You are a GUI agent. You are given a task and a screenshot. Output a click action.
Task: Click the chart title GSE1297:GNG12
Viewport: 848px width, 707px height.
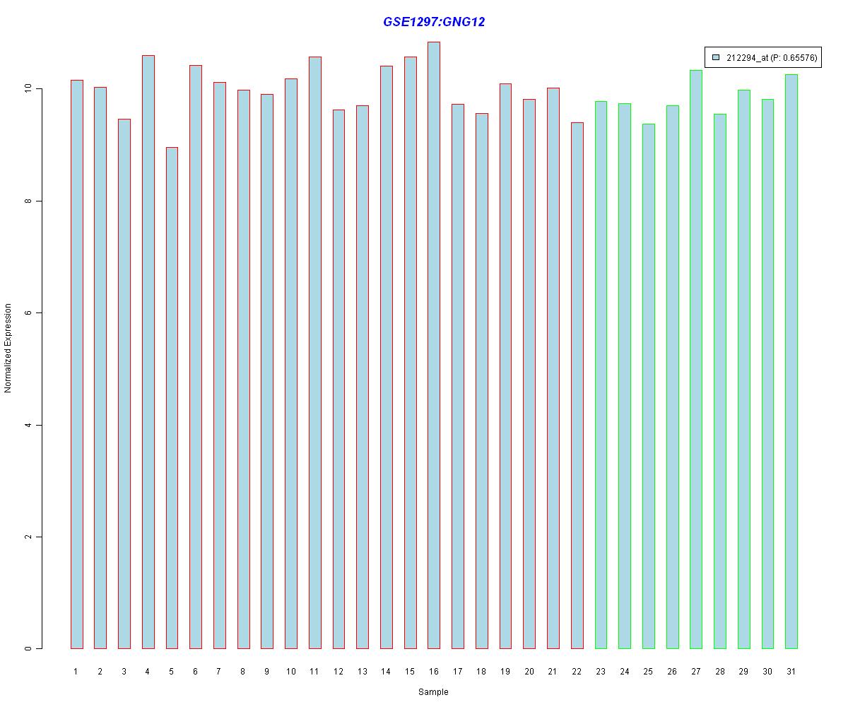click(434, 22)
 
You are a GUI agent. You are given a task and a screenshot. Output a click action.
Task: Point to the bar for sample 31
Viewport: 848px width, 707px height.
click(791, 361)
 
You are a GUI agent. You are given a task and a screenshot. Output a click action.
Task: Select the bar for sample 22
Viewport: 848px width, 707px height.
click(577, 385)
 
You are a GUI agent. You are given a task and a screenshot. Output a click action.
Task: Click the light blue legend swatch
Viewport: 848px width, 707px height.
click(716, 57)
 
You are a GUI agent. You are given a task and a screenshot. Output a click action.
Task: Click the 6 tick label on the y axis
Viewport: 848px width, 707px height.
click(29, 313)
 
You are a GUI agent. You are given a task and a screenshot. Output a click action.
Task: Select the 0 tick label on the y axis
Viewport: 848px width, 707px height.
click(29, 648)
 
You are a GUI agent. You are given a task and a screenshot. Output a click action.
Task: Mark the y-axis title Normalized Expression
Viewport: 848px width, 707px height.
click(8, 348)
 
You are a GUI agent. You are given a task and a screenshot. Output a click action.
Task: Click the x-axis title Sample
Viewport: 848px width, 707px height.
click(433, 692)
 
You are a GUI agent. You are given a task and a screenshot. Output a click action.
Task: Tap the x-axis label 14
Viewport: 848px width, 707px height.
click(386, 672)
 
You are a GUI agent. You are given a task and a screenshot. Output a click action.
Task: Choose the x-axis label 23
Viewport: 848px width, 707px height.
click(601, 672)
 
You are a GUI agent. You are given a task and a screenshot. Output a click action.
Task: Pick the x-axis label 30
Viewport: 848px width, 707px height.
click(767, 672)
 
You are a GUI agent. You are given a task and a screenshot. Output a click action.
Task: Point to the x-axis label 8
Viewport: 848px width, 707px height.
click(242, 672)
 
